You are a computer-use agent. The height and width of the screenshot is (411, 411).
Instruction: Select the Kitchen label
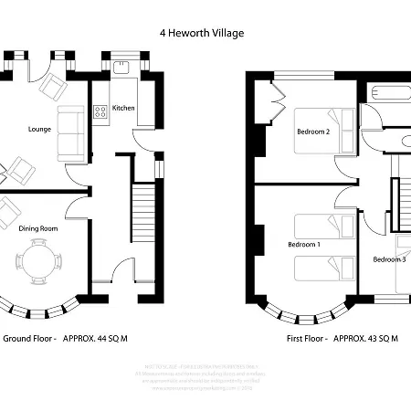tap(124, 108)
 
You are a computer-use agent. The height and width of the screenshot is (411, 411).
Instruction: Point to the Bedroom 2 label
tap(312, 132)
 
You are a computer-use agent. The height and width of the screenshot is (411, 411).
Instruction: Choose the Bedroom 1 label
tap(304, 245)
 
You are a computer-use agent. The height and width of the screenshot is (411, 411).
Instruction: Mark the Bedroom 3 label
tap(389, 259)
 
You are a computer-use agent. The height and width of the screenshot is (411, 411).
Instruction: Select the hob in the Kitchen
tap(100, 111)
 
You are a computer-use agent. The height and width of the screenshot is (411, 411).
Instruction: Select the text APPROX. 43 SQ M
tap(365, 338)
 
